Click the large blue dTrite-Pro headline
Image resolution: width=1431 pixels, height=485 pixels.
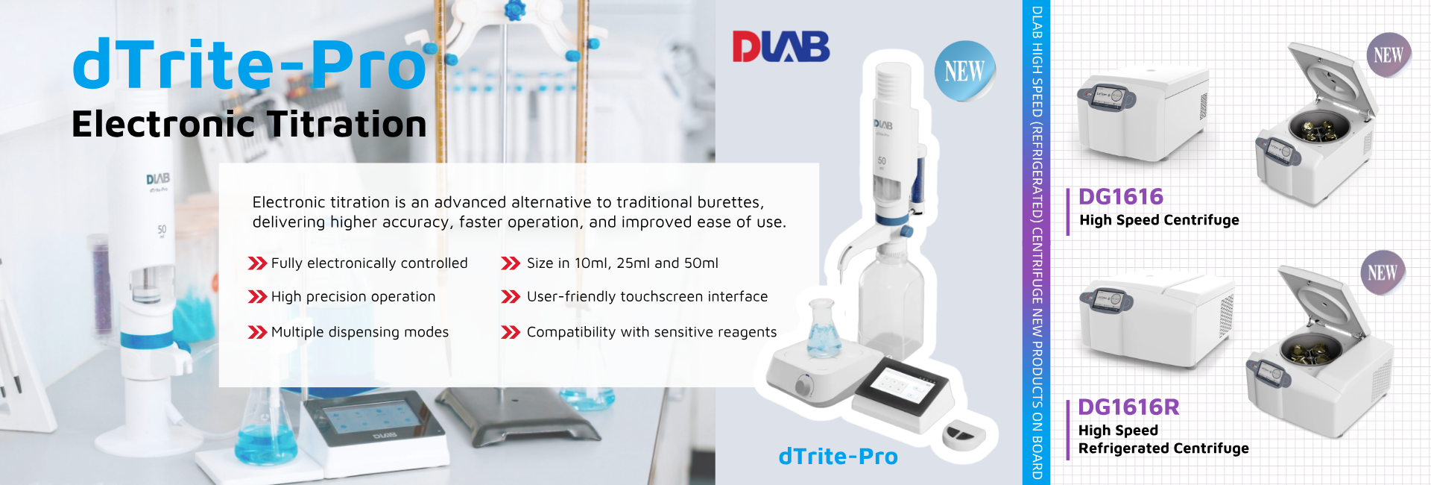point(250,64)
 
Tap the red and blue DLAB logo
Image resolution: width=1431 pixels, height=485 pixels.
point(781,46)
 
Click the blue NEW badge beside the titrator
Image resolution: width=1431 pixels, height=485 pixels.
point(965,71)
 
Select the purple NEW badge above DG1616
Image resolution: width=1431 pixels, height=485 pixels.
point(1389,55)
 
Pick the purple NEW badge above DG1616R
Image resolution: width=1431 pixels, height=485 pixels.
point(1383,272)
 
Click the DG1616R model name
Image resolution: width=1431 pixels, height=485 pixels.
point(1128,407)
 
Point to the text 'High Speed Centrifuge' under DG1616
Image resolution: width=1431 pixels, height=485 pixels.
point(1159,220)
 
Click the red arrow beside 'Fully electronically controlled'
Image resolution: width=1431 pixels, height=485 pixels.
point(257,263)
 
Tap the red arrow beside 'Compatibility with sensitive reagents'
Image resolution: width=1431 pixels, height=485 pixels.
point(511,332)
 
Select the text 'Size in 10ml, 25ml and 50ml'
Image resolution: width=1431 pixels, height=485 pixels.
point(622,263)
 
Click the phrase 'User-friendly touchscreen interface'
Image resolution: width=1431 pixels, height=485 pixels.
point(647,297)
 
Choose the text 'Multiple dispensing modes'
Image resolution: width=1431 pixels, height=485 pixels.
point(360,332)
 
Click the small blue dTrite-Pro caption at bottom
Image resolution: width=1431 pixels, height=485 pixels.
point(838,457)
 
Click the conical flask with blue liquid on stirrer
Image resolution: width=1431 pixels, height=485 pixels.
point(824,328)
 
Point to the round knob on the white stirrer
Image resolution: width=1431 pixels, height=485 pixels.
point(804,384)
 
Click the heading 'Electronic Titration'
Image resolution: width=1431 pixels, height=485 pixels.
point(249,125)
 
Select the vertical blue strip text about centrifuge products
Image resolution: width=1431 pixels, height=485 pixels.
point(1037,242)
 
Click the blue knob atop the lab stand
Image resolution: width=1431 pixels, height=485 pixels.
point(514,10)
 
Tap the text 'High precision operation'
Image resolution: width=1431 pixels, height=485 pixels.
point(353,297)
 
